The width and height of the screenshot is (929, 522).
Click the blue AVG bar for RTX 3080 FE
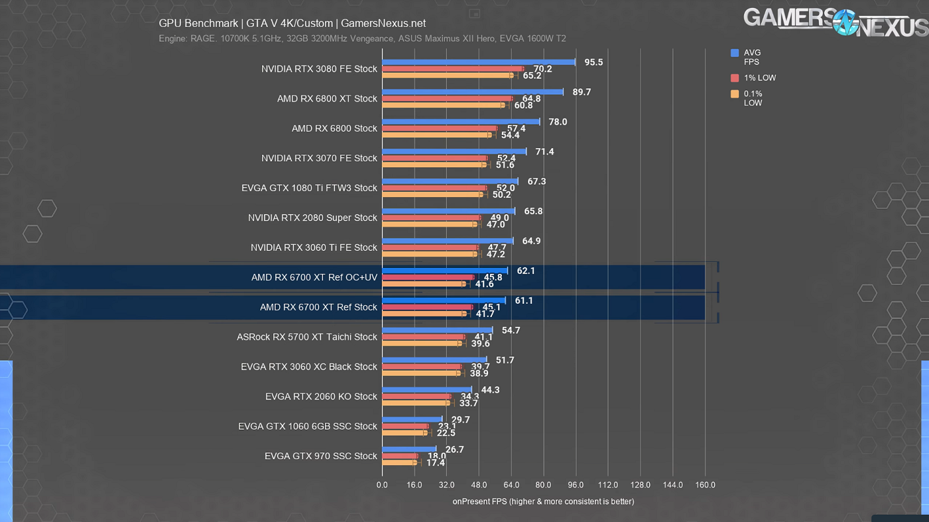click(x=478, y=63)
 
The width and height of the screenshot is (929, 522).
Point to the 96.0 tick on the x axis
click(x=576, y=485)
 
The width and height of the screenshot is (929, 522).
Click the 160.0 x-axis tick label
click(x=705, y=485)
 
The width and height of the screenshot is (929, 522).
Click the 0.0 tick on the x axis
click(x=382, y=485)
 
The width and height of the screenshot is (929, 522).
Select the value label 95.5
click(x=594, y=62)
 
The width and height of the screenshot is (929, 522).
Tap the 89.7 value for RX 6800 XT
click(x=582, y=92)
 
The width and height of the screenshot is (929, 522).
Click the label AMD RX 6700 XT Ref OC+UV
click(x=314, y=278)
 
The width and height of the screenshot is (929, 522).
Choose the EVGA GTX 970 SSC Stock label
click(x=321, y=456)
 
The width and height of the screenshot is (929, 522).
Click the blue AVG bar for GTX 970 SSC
click(x=409, y=449)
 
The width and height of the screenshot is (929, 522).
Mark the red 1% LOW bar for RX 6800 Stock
click(x=440, y=129)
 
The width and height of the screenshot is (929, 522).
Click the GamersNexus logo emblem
click(x=845, y=22)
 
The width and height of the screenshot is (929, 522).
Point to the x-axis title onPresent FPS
click(x=543, y=502)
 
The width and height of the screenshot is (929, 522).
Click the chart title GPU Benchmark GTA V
click(x=292, y=24)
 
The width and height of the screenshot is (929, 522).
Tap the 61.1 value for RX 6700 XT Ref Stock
click(x=524, y=301)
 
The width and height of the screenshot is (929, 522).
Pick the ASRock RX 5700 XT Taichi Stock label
click(x=307, y=337)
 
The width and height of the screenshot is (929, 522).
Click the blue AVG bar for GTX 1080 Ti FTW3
click(x=449, y=181)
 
